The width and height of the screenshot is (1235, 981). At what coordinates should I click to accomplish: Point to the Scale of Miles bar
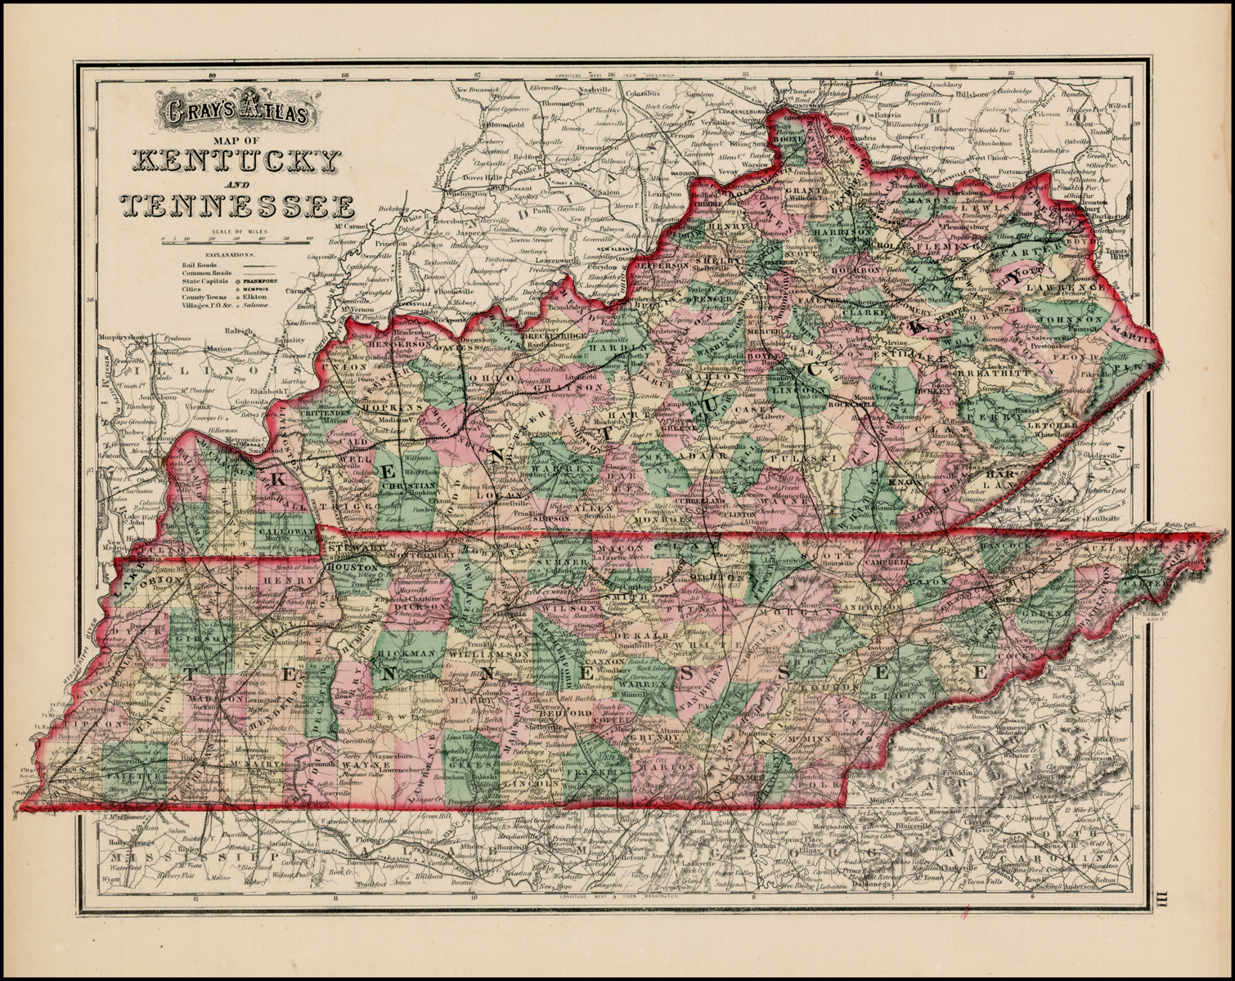[x=237, y=239]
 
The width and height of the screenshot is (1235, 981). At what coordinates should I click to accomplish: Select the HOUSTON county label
[x=352, y=567]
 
